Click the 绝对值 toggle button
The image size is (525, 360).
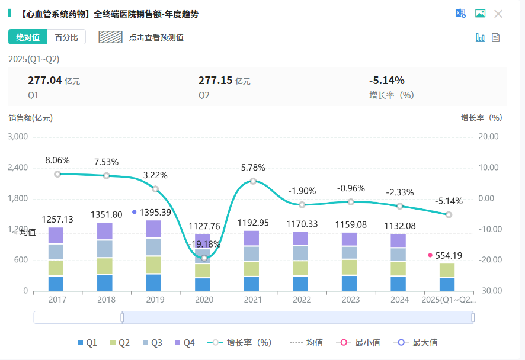[x=28, y=37]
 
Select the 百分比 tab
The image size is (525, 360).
[x=66, y=37]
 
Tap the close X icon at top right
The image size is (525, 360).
[x=498, y=14]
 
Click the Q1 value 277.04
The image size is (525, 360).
[x=45, y=81]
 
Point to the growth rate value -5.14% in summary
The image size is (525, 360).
[x=386, y=81]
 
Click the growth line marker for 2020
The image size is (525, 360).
[x=204, y=258]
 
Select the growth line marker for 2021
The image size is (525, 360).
[x=253, y=181]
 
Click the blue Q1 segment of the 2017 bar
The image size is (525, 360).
[x=56, y=283]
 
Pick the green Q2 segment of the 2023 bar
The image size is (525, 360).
[x=351, y=267]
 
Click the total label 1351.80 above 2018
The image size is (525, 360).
[x=106, y=214]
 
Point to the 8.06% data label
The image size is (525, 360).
[x=57, y=160]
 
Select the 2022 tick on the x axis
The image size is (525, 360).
[x=302, y=300]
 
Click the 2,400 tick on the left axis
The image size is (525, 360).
[x=18, y=168]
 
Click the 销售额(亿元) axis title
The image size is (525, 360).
[x=31, y=117]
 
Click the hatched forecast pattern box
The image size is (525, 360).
[x=110, y=37]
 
